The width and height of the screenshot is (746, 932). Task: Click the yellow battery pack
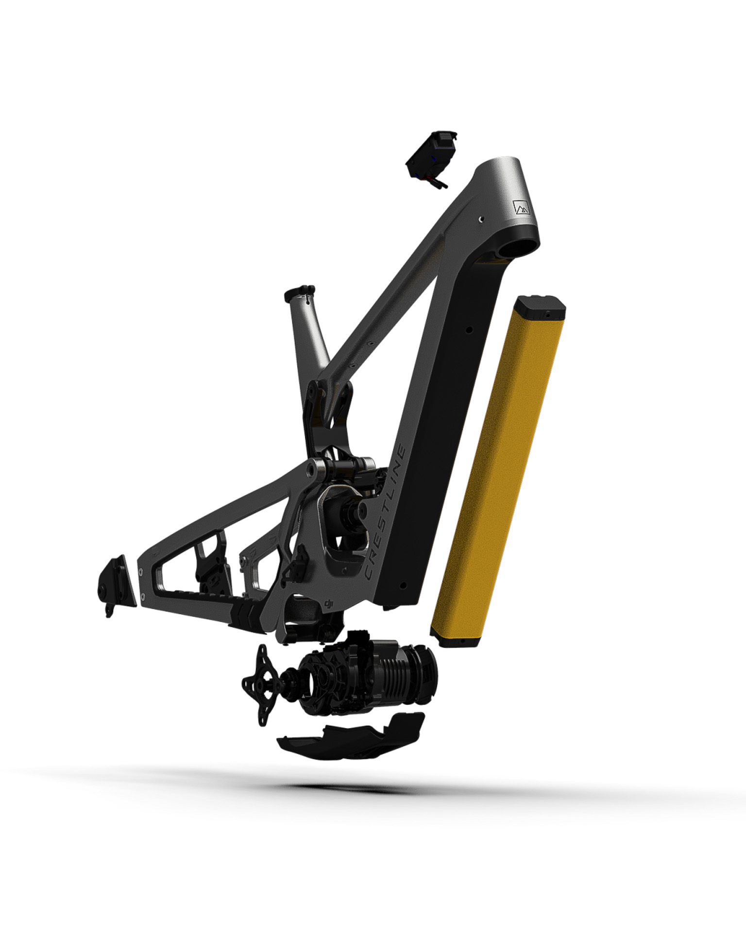[x=498, y=471]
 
